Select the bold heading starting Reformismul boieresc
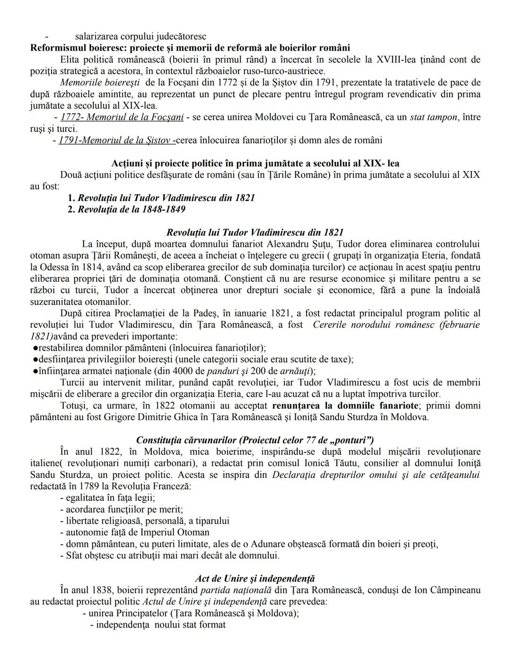pos(190,48)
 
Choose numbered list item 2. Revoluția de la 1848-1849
pos(126,209)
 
